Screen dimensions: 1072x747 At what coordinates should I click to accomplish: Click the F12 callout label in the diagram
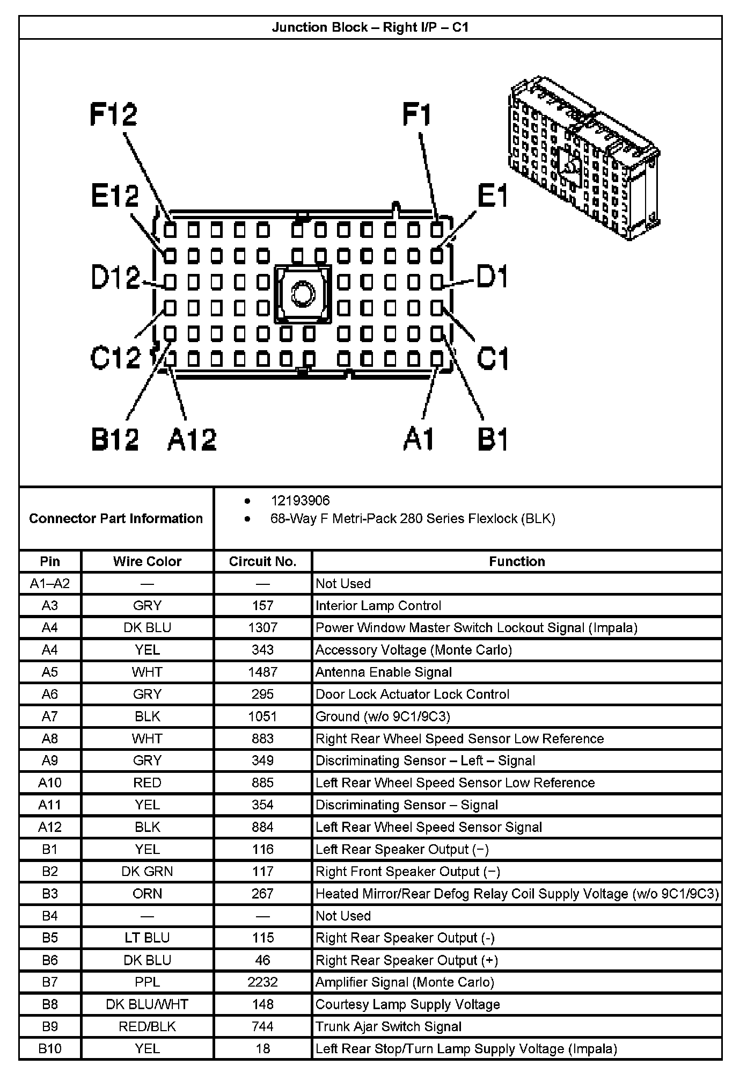tap(113, 114)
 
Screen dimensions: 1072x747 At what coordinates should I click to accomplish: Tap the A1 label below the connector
tap(419, 439)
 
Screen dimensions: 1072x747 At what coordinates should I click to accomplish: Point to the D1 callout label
tap(492, 277)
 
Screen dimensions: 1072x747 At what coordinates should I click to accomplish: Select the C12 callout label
tap(115, 357)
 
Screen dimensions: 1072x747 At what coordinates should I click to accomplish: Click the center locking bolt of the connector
tap(303, 294)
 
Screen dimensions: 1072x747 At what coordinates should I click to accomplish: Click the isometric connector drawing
tap(584, 158)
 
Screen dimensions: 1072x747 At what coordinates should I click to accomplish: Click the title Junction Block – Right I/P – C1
tap(370, 27)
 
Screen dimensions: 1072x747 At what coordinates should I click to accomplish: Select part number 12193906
tap(300, 501)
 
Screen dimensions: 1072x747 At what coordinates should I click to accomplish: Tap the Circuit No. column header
tap(262, 561)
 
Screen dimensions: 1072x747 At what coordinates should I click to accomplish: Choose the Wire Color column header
tap(147, 561)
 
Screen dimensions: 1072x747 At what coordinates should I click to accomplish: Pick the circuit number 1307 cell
tap(262, 628)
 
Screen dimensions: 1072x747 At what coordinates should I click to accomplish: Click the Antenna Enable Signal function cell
tap(383, 672)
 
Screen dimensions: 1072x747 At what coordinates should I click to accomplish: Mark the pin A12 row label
tap(50, 827)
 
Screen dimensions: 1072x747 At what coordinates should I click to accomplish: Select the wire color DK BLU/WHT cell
tap(147, 1004)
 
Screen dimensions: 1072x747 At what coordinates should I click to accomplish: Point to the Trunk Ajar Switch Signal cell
tap(388, 1026)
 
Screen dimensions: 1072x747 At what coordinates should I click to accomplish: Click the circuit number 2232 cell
tap(262, 982)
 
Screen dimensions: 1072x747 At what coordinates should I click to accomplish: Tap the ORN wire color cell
tap(147, 894)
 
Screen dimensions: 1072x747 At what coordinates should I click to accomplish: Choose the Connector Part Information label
tap(116, 518)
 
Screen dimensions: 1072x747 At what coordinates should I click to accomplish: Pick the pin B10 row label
tap(50, 1048)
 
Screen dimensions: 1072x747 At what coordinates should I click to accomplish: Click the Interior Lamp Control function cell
tap(378, 606)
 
